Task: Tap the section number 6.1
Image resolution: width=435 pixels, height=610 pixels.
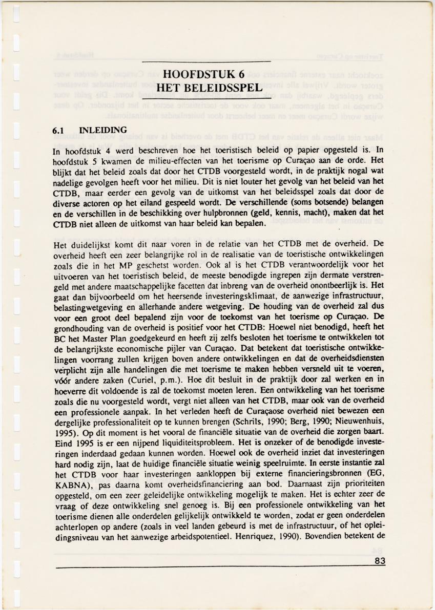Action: point(59,130)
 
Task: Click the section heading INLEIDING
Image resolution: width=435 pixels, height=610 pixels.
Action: point(100,130)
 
